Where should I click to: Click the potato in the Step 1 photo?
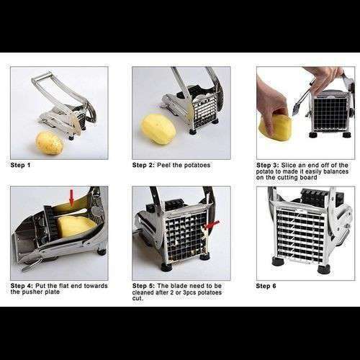[50, 143]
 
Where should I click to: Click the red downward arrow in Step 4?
[71, 198]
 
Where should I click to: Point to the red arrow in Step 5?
[211, 225]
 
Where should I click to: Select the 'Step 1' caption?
[20, 165]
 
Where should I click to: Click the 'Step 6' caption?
[266, 286]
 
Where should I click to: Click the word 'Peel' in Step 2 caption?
[164, 165]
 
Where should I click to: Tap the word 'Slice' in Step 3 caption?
[289, 165]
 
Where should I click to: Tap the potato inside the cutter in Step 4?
[76, 226]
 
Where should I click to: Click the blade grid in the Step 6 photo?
[300, 234]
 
